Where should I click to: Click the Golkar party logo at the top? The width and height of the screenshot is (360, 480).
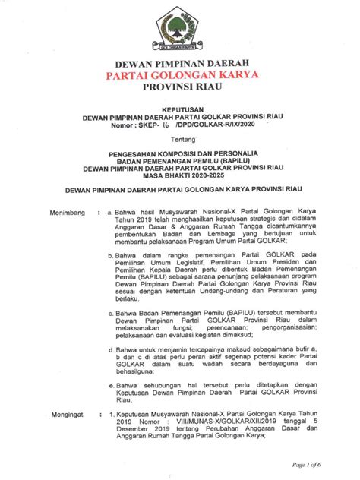click(181, 31)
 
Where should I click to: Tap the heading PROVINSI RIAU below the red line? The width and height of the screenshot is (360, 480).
click(181, 89)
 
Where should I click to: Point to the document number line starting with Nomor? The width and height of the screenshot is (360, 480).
click(180, 125)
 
